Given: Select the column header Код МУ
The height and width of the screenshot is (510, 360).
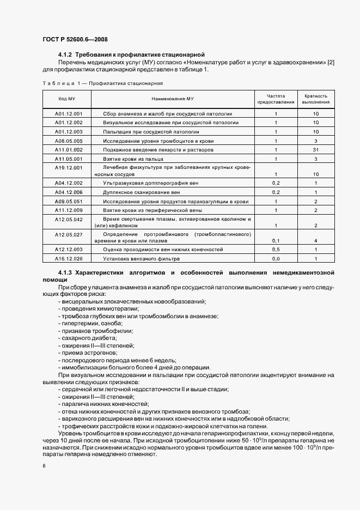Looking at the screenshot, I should point(66,99).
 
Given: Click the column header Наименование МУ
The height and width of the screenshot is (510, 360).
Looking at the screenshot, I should point(172,99).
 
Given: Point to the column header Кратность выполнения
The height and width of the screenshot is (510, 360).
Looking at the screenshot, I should point(316,99).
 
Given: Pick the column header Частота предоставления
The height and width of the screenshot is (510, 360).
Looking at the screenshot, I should point(276,99).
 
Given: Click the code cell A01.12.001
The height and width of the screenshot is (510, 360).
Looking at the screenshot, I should point(69,114).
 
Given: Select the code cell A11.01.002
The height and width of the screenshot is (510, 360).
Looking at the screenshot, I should point(69,149).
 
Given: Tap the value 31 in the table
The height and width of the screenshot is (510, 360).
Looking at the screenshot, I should point(316,149).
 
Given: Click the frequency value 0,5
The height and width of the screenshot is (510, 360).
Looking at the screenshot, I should point(276,249).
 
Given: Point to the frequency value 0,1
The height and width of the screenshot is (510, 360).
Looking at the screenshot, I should point(276,240).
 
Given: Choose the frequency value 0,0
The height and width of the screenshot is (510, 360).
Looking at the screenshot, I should point(276,258).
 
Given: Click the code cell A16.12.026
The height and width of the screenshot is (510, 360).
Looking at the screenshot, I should point(69,258).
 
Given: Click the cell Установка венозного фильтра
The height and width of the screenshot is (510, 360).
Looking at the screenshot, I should point(141,258).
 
